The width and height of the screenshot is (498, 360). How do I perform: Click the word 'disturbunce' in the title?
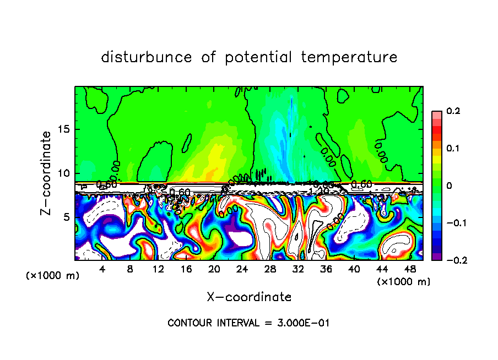pos(147,57)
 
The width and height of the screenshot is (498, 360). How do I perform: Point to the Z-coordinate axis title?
pos(47,173)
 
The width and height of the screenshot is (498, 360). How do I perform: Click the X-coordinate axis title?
pos(249,297)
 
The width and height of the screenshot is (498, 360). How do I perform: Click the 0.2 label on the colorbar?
pos(453,111)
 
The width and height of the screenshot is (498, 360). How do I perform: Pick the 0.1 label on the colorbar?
pos(453,148)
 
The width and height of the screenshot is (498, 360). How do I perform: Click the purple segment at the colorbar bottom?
pos(436,257)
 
